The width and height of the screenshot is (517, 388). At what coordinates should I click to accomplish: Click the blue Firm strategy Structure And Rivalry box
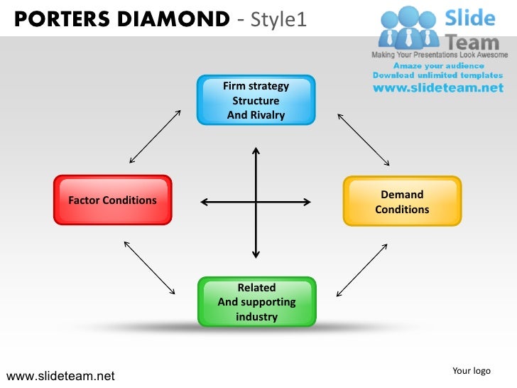[256, 100]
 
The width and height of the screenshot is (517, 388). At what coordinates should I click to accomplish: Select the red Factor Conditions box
[112, 200]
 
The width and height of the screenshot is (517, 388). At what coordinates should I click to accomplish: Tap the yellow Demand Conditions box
[402, 201]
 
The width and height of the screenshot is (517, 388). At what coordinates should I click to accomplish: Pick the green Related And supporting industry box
[256, 301]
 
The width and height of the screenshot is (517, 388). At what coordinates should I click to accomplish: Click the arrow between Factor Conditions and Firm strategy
[156, 136]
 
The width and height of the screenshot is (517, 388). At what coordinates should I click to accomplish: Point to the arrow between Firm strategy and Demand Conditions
[363, 139]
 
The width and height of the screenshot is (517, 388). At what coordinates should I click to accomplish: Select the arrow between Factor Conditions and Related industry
[151, 267]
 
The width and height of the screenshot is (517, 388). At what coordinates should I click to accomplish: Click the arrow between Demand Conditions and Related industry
[361, 270]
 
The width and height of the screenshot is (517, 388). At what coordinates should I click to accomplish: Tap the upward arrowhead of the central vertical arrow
[256, 151]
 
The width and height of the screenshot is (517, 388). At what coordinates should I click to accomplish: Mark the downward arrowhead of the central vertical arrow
[256, 254]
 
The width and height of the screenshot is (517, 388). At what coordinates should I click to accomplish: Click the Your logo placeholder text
[472, 370]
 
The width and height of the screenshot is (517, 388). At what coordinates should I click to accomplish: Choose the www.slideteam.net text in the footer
[60, 376]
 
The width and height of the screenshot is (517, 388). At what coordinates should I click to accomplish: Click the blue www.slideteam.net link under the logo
[438, 88]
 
